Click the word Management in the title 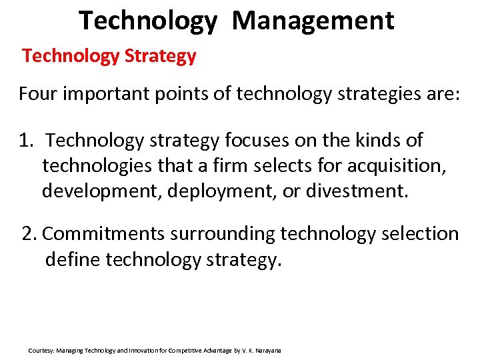coord(313,20)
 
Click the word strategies coord(382,93)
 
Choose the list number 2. coord(29,234)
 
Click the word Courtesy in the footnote coord(41,350)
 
